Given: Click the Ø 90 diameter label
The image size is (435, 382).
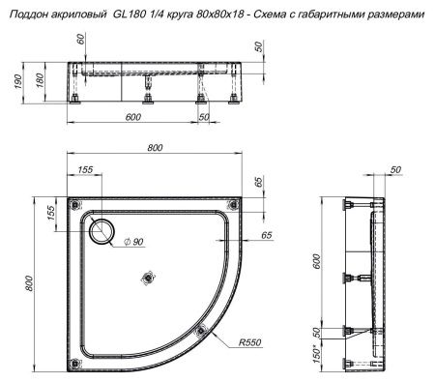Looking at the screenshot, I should click(131, 241).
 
